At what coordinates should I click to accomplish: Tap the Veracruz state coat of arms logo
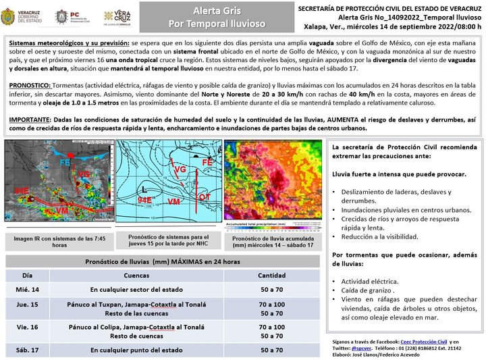tap(12, 16)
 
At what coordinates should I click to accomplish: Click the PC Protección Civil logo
tap(63, 17)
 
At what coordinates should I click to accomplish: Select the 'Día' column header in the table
tap(27, 276)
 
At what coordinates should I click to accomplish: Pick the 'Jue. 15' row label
tap(27, 305)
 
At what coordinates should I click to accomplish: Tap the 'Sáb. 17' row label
tap(28, 350)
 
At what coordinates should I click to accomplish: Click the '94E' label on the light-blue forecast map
tap(144, 201)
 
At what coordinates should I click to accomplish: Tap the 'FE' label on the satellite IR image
tap(65, 163)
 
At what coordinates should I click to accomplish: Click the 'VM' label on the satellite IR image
tap(62, 211)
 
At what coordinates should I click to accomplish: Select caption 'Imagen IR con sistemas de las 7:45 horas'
tap(59, 242)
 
